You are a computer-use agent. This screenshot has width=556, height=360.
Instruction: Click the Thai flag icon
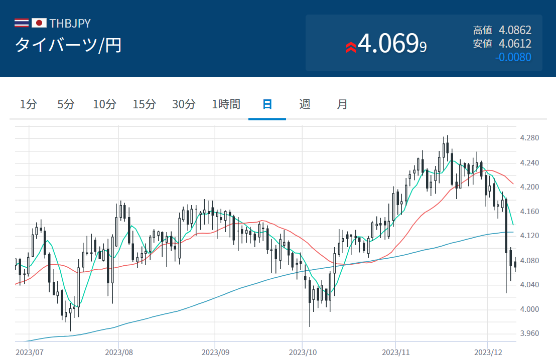(21, 23)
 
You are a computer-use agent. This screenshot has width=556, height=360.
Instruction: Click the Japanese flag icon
(39, 23)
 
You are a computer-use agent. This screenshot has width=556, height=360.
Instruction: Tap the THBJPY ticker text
(70, 24)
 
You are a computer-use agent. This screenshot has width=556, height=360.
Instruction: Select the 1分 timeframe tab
(28, 104)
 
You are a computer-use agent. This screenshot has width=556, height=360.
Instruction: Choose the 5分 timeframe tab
(66, 104)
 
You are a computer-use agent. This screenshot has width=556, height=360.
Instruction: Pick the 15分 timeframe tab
(145, 104)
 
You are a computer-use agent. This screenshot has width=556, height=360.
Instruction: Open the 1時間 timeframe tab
(226, 104)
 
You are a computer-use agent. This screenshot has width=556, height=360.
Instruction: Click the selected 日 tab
(267, 104)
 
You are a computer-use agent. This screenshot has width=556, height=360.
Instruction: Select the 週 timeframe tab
(305, 104)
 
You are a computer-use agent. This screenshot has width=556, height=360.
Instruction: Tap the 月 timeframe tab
(342, 104)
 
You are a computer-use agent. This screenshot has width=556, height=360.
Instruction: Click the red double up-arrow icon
(351, 47)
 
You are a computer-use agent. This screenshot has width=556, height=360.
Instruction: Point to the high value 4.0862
(515, 30)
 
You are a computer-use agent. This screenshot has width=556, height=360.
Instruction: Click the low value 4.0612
(515, 44)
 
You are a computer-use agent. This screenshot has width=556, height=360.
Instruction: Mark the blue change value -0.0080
(513, 57)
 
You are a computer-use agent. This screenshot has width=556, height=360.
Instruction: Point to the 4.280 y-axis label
(529, 138)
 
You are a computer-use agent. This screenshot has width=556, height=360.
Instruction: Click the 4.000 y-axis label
(529, 309)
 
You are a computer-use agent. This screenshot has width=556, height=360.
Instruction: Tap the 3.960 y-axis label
(529, 333)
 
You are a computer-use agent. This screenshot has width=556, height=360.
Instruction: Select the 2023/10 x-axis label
(303, 352)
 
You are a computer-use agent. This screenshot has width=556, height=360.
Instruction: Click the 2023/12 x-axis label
(488, 352)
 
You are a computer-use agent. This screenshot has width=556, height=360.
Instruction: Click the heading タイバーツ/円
(68, 45)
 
